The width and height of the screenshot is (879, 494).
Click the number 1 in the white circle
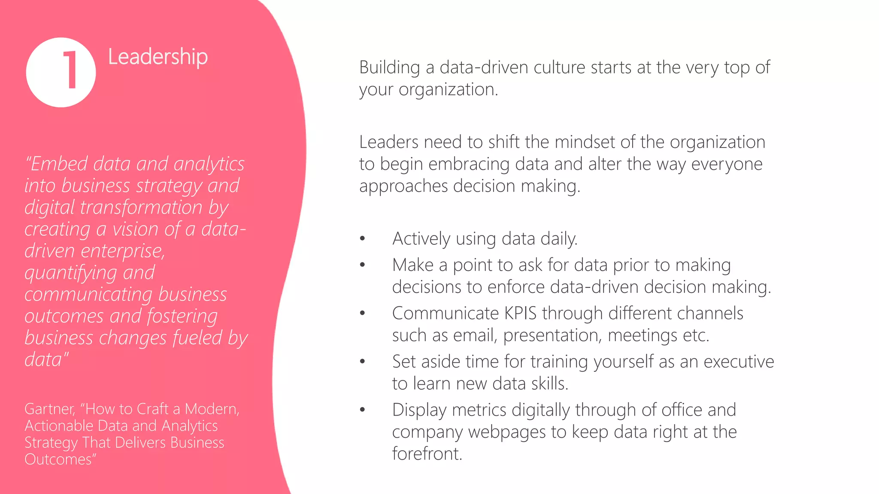click(x=70, y=70)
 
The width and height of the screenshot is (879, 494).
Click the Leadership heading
click(x=158, y=57)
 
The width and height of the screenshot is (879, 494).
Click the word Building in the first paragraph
click(x=389, y=68)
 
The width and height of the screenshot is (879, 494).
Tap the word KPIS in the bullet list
click(x=520, y=313)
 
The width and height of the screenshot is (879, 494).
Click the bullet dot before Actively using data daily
click(x=363, y=238)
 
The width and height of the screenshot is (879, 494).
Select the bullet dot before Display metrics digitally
click(x=363, y=410)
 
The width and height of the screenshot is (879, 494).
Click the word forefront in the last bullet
click(x=427, y=454)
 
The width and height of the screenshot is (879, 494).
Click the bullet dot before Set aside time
click(x=363, y=361)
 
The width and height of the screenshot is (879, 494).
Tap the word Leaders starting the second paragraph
click(x=388, y=142)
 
